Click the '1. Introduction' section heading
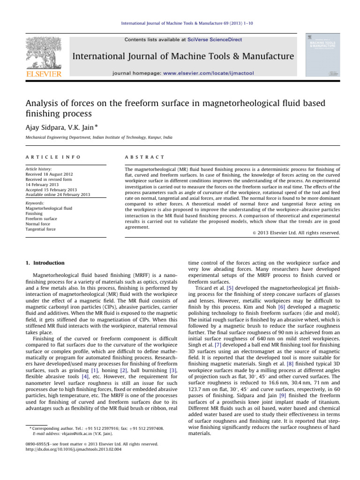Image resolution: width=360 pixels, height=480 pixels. [x=45, y=263]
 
